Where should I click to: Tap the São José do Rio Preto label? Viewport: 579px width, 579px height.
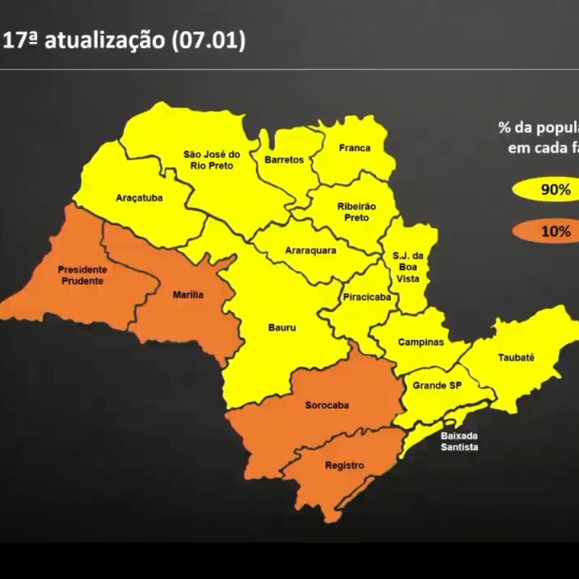[x=211, y=160]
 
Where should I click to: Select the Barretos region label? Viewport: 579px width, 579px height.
[x=284, y=160]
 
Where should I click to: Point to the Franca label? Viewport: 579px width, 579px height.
[x=355, y=148]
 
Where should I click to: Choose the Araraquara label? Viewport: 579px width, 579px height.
[x=310, y=250]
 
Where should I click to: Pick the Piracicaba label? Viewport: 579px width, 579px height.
[x=367, y=297]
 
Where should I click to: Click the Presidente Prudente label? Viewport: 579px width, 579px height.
[x=83, y=275]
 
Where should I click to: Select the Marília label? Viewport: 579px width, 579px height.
[x=188, y=295]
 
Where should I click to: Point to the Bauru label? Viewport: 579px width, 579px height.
[x=282, y=328]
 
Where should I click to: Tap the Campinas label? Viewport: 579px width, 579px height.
[x=421, y=342]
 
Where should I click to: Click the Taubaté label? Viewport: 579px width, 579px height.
[x=516, y=357]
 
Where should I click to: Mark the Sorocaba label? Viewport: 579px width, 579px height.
[x=326, y=405]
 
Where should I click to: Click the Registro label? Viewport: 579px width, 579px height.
[x=344, y=466]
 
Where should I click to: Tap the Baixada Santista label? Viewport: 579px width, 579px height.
[x=459, y=441]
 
